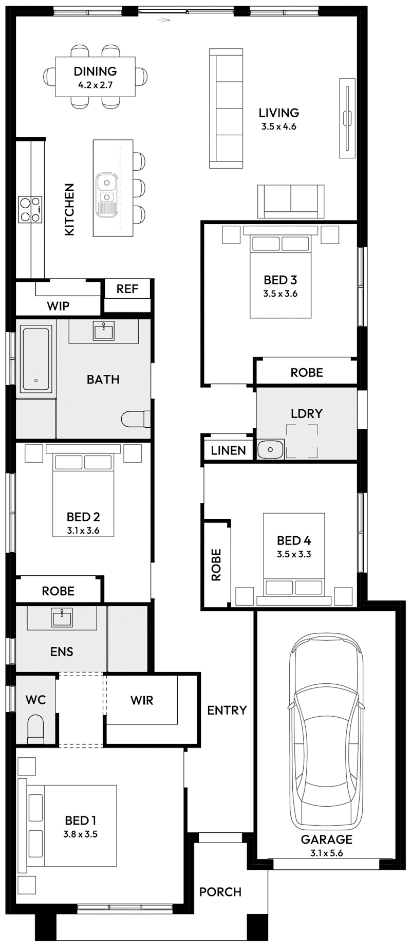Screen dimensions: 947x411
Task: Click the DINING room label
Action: (95, 71)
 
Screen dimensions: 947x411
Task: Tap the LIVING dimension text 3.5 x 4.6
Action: (278, 126)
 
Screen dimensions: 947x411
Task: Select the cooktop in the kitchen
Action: (30, 210)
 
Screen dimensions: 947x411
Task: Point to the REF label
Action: (127, 289)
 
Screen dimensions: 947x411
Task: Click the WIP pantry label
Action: (58, 306)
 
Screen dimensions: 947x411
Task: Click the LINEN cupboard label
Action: (229, 451)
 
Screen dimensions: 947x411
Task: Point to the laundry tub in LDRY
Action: (270, 449)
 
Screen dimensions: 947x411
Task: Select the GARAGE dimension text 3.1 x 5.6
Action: (326, 853)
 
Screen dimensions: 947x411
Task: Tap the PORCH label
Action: (220, 892)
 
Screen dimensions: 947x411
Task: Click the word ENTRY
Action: (227, 710)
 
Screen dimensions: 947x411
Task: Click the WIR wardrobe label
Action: (142, 700)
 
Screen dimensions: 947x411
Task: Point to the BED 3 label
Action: (280, 280)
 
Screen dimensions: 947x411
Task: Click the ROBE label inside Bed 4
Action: (216, 564)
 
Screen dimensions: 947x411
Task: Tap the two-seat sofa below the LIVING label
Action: (291, 201)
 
